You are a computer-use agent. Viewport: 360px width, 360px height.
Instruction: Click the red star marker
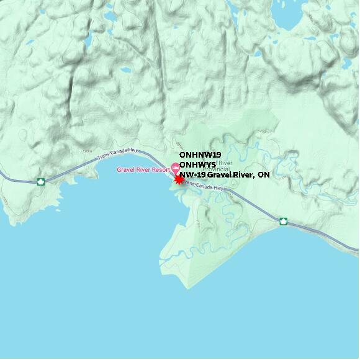pos(179,179)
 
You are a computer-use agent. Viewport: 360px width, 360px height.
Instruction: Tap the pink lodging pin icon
pos(175,168)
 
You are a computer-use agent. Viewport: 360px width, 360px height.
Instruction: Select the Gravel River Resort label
pos(143,169)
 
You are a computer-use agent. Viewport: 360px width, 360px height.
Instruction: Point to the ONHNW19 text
pos(200,155)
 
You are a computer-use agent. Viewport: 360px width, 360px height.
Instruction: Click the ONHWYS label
pos(197,164)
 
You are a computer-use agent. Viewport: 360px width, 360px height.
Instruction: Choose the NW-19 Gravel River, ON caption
pos(224,175)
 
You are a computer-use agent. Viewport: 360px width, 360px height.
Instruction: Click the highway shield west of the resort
pos(41,182)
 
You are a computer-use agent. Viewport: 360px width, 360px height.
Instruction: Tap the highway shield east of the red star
pos(283,221)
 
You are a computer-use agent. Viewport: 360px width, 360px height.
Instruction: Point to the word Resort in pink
pos(159,169)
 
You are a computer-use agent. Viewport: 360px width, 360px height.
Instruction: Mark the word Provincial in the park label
pos(215,169)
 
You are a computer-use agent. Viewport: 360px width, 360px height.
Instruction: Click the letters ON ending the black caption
pos(264,175)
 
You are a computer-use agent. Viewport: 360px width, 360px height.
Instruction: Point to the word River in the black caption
pos(243,175)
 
